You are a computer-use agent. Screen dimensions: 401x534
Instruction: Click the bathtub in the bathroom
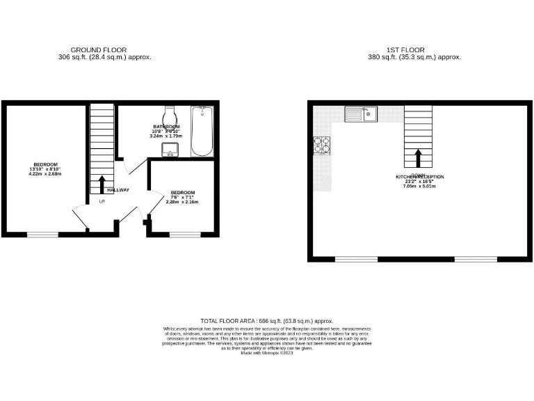(202, 131)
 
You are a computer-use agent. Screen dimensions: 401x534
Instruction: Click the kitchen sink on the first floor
(361, 113)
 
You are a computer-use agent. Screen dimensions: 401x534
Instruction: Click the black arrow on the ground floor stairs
(102, 184)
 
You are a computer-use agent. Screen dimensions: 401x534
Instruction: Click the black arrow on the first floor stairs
(419, 157)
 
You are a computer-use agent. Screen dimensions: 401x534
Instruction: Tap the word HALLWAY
(118, 190)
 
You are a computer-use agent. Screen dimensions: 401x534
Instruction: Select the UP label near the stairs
(102, 202)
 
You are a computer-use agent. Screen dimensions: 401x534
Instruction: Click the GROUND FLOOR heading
(98, 50)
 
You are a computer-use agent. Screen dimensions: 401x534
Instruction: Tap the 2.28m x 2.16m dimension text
(183, 202)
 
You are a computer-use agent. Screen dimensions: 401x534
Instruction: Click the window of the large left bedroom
(42, 234)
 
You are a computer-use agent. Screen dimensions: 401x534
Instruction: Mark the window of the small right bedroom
(184, 234)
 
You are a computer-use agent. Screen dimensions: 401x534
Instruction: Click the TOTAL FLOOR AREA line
(267, 321)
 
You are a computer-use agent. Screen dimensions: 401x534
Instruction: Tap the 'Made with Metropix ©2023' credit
(267, 353)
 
